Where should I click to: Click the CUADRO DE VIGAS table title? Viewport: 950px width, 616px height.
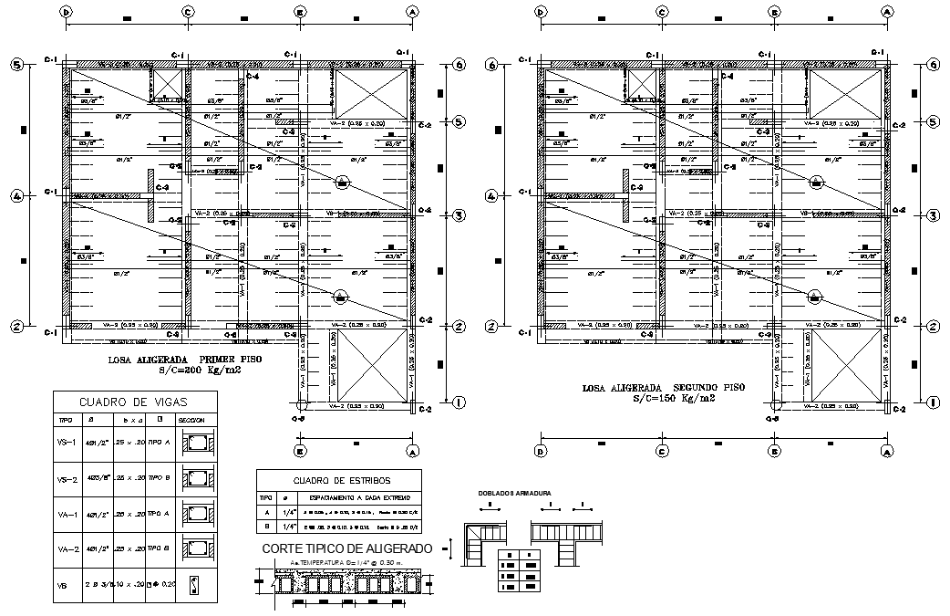pyautogui.click(x=135, y=402)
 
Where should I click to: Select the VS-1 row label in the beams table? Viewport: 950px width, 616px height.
pyautogui.click(x=67, y=445)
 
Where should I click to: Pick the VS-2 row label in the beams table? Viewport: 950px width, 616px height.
pyautogui.click(x=67, y=479)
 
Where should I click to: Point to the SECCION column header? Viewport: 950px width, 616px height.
pyautogui.click(x=191, y=421)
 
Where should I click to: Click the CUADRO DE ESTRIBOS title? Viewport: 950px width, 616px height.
pyautogui.click(x=340, y=481)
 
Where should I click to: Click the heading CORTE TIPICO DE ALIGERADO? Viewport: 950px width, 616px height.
pyautogui.click(x=347, y=548)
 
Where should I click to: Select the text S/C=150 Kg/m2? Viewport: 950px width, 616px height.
pyautogui.click(x=675, y=400)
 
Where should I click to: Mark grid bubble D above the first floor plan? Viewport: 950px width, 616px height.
pyautogui.click(x=67, y=12)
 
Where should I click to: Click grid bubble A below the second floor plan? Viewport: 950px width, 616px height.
pyautogui.click(x=887, y=451)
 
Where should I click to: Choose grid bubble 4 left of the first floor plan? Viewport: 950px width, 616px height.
pyautogui.click(x=16, y=195)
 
